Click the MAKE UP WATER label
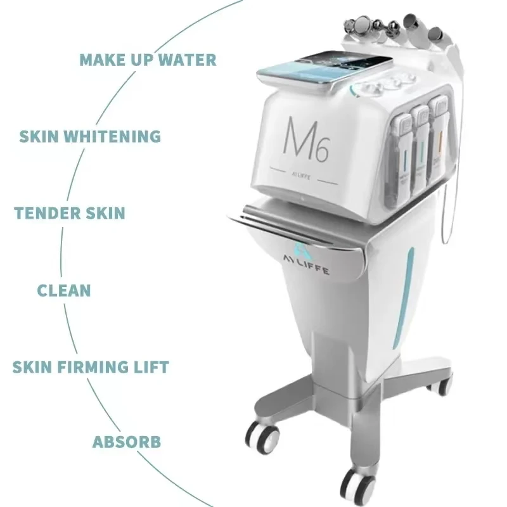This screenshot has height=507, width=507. pyautogui.click(x=148, y=60)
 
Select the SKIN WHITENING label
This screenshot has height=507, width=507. pyautogui.click(x=90, y=136)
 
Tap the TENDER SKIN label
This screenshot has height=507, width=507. pyautogui.click(x=70, y=213)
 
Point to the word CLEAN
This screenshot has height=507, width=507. pyautogui.click(x=64, y=290)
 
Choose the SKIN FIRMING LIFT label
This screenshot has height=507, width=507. pyautogui.click(x=91, y=367)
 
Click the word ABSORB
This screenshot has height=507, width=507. pyautogui.click(x=126, y=442)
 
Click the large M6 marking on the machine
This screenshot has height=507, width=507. pyautogui.click(x=305, y=139)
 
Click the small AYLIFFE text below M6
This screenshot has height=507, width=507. pyautogui.click(x=300, y=176)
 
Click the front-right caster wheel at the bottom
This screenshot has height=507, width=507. pyautogui.click(x=358, y=487)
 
